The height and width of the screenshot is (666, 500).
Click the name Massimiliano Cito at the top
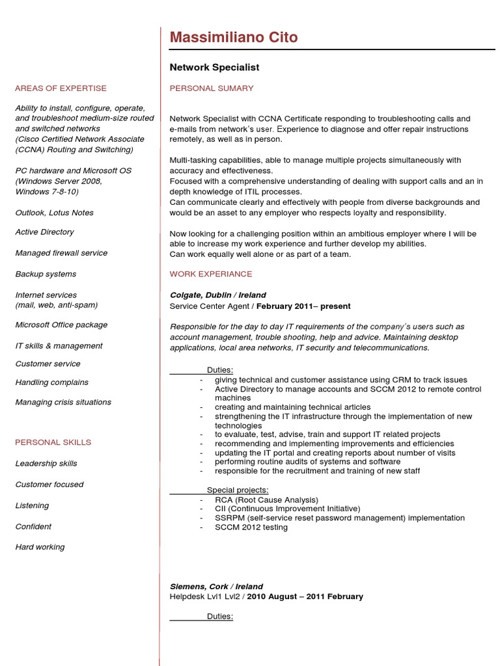[x=234, y=38]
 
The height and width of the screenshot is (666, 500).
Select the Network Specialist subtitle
[x=214, y=67]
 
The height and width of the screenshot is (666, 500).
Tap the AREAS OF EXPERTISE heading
[x=61, y=88]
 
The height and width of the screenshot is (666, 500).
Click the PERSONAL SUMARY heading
[x=212, y=88]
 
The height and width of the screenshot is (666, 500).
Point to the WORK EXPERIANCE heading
[x=211, y=274]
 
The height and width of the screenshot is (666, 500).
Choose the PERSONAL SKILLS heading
[x=53, y=442]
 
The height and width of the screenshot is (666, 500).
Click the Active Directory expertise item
[x=44, y=232]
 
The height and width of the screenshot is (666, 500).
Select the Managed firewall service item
[x=61, y=253]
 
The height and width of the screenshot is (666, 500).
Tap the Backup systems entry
[x=46, y=274]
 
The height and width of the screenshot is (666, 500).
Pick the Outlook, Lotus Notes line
[x=54, y=213]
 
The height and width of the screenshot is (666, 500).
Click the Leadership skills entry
[x=46, y=464]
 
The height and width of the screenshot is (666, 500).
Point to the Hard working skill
[x=40, y=548]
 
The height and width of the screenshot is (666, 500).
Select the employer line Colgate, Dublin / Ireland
[x=217, y=295]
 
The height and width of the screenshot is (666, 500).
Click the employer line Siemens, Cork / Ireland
[x=216, y=587]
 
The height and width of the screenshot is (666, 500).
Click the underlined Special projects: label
[x=237, y=490]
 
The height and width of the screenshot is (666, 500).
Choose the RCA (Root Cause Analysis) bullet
[x=266, y=499]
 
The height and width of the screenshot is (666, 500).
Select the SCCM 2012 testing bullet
[x=251, y=527]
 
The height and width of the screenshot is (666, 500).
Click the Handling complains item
[x=51, y=382]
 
